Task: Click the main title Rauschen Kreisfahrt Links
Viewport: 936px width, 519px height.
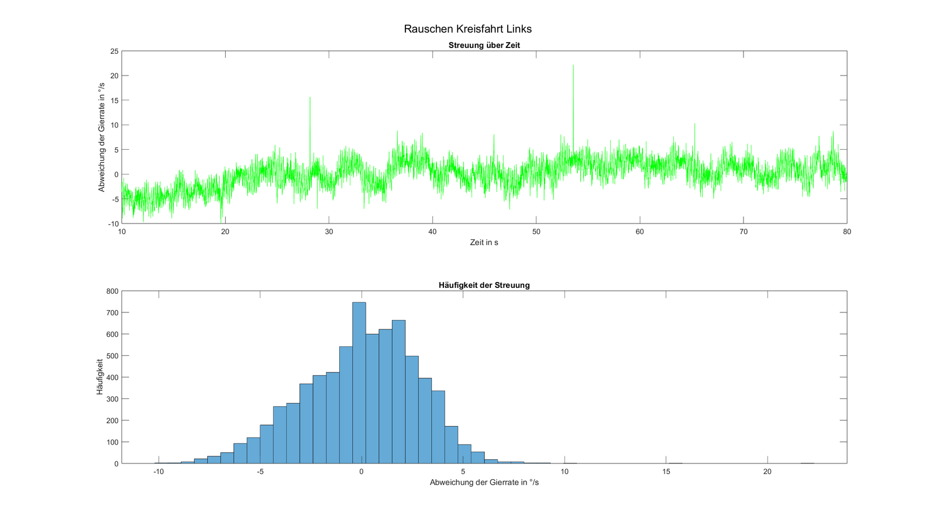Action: click(467, 29)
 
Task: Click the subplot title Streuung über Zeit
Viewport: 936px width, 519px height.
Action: click(484, 45)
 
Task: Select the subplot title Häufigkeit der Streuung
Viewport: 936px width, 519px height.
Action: click(484, 286)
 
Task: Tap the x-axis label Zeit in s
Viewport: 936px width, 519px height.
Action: click(484, 242)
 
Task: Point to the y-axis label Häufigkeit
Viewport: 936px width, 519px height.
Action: click(99, 376)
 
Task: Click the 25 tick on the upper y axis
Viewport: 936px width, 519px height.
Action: click(114, 51)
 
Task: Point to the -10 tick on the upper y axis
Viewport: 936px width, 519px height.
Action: click(113, 224)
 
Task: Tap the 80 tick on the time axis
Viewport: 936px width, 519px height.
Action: click(846, 232)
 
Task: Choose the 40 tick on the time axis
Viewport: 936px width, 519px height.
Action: click(432, 232)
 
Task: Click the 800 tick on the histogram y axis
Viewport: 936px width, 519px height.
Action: click(112, 291)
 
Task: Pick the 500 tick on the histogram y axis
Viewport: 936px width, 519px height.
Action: click(112, 356)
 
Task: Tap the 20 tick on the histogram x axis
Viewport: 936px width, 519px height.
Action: click(767, 472)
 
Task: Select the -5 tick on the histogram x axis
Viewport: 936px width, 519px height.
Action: click(260, 472)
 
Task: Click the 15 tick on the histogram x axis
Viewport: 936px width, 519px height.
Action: click(666, 472)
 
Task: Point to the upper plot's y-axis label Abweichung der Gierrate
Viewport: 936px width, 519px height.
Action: click(101, 137)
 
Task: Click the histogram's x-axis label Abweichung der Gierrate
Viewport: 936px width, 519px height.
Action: click(484, 483)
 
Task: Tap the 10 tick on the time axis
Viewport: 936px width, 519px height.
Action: click(122, 232)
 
